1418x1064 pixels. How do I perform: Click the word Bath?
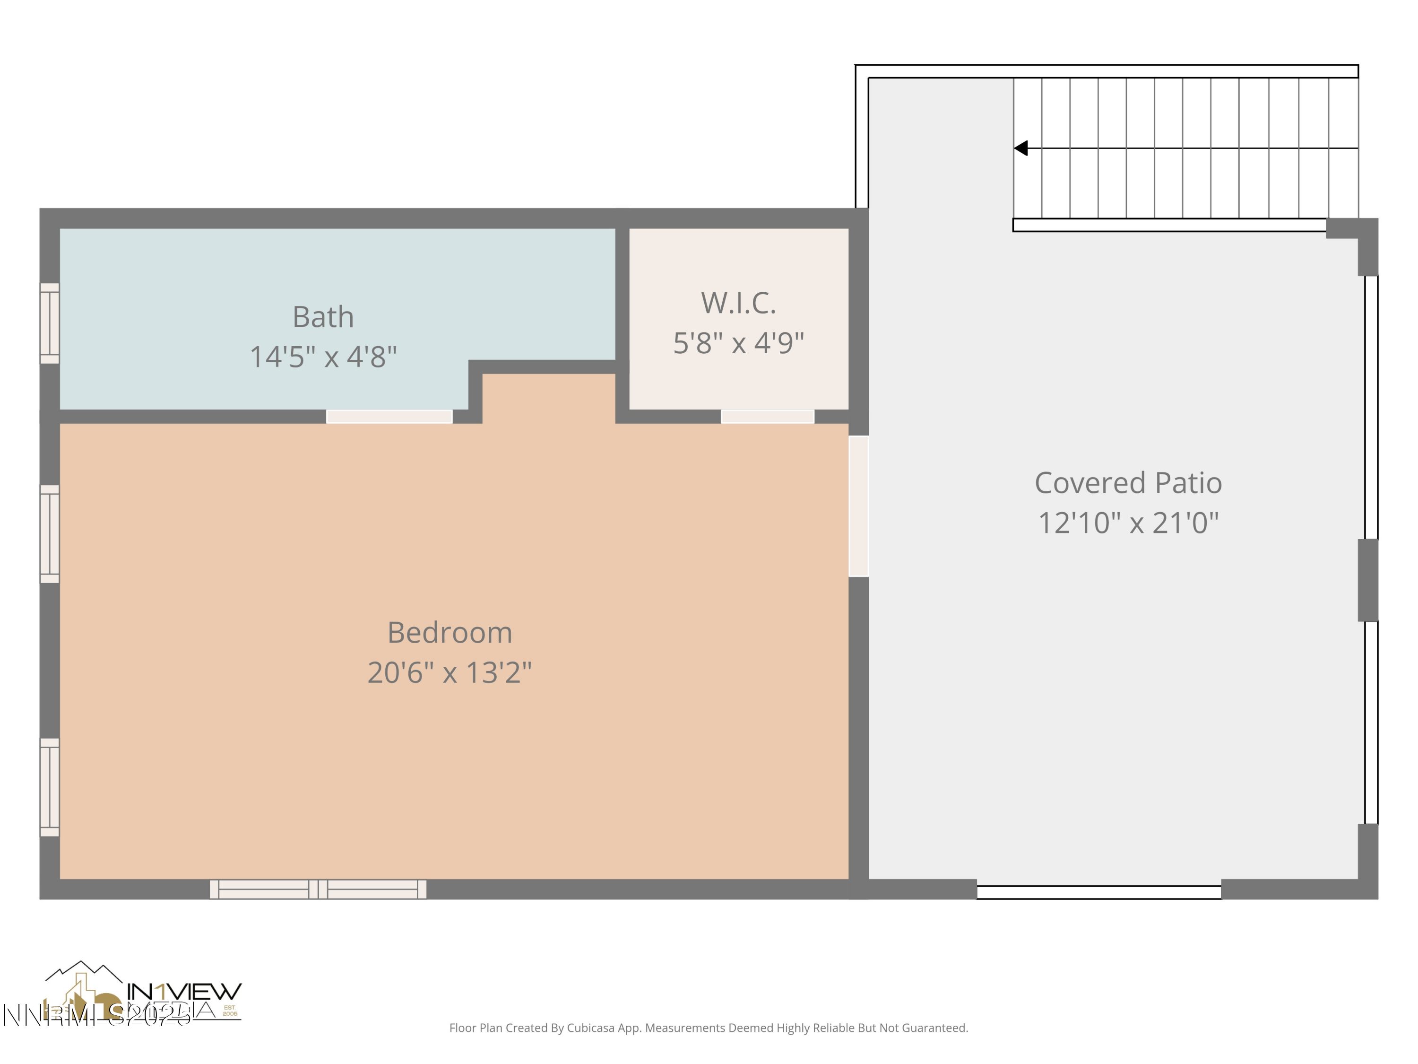click(323, 317)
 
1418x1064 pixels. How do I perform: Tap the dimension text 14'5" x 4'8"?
click(323, 357)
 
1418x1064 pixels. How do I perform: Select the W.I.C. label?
click(738, 304)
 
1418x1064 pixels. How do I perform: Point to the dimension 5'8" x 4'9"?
click(738, 343)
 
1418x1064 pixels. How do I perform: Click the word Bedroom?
click(450, 633)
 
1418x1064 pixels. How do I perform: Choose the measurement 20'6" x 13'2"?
click(450, 673)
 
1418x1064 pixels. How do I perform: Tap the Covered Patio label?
click(1128, 483)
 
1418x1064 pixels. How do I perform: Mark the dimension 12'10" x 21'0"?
click(1128, 523)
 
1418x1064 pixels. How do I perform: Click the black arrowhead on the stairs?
click(1021, 148)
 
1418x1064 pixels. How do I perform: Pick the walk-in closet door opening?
click(767, 416)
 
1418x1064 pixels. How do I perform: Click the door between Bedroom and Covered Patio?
click(858, 506)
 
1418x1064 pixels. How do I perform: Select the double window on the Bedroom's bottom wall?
click(318, 889)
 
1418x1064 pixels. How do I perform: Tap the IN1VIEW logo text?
click(184, 992)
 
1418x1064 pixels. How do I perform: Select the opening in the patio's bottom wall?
click(1099, 892)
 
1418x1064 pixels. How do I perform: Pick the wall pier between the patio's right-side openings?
click(1367, 580)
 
